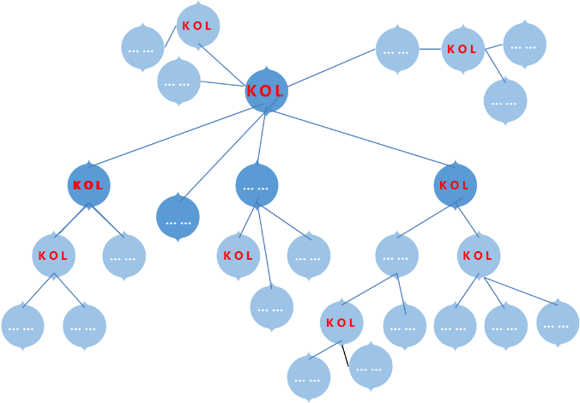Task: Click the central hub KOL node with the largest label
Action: click(266, 90)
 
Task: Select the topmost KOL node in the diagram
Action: click(198, 26)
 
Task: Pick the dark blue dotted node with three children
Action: click(257, 185)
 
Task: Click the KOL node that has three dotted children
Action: click(479, 256)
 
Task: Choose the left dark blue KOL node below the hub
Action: click(89, 185)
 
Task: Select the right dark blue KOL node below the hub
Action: click(455, 185)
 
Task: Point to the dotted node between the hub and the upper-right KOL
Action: click(397, 49)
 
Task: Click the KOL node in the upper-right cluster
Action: click(463, 49)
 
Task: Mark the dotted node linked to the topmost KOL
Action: click(142, 47)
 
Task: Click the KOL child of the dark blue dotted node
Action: click(239, 256)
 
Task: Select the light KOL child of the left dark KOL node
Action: click(53, 256)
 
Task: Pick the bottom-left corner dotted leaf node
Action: click(22, 326)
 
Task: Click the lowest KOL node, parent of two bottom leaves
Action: click(341, 322)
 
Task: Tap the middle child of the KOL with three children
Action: click(506, 326)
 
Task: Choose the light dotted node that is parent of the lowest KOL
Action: click(396, 256)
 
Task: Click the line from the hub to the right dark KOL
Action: click(360, 137)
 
